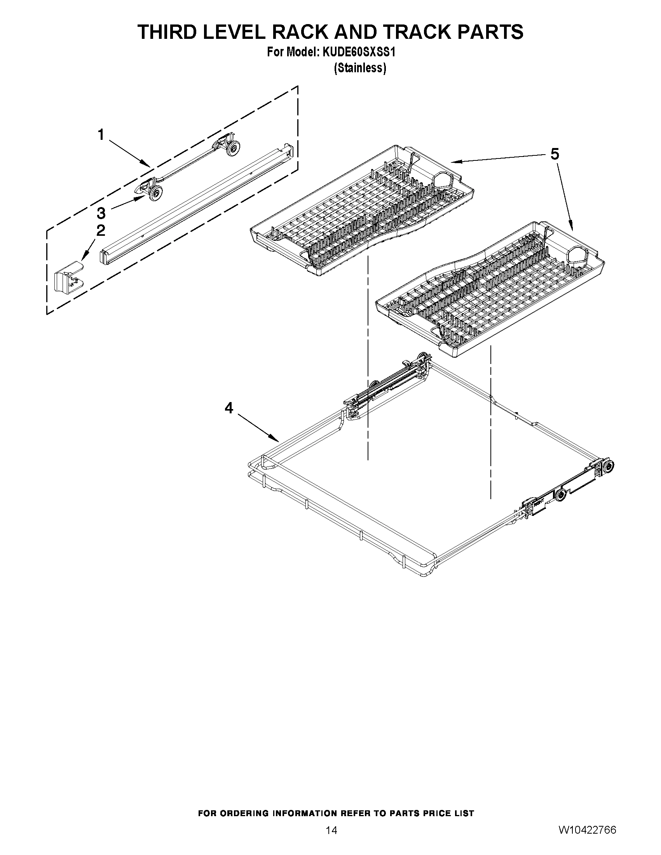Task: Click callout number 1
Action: coord(101,135)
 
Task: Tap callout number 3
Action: coord(101,213)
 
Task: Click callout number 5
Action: coord(555,154)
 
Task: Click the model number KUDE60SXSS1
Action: coord(358,52)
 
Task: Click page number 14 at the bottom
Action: coord(331,827)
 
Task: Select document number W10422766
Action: coord(587,827)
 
